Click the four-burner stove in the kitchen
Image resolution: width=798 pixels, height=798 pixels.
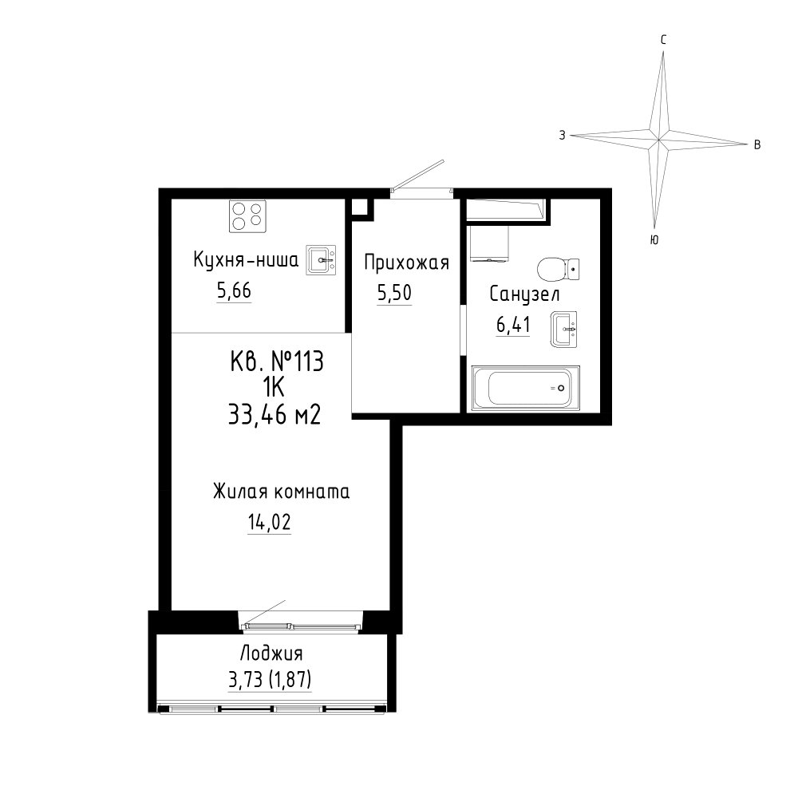pos(247,216)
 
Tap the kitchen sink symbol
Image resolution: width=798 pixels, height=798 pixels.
pos(321,260)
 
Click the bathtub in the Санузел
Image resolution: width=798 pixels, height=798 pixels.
pos(525,388)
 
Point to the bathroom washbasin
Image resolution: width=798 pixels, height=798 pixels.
pos(563,330)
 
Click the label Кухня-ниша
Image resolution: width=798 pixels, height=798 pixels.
pos(246,260)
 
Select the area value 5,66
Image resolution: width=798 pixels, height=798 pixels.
pos(234,291)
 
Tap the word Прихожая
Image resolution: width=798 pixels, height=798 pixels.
pos(407,263)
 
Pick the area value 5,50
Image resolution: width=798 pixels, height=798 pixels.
pos(394,293)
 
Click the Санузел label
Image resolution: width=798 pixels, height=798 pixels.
pos(524,294)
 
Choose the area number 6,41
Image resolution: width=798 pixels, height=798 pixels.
pos(513,325)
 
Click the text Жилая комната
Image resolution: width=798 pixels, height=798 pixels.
pos(281,492)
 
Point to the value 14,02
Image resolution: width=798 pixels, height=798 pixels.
pos(269,522)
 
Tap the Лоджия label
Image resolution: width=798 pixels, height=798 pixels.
pos(271,654)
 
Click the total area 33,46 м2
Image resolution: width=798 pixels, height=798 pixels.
pos(275,415)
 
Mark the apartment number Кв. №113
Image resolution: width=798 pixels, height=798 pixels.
pos(277,362)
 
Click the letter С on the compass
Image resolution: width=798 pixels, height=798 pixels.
pos(664,40)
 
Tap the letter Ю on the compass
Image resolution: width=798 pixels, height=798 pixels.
pos(654,239)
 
